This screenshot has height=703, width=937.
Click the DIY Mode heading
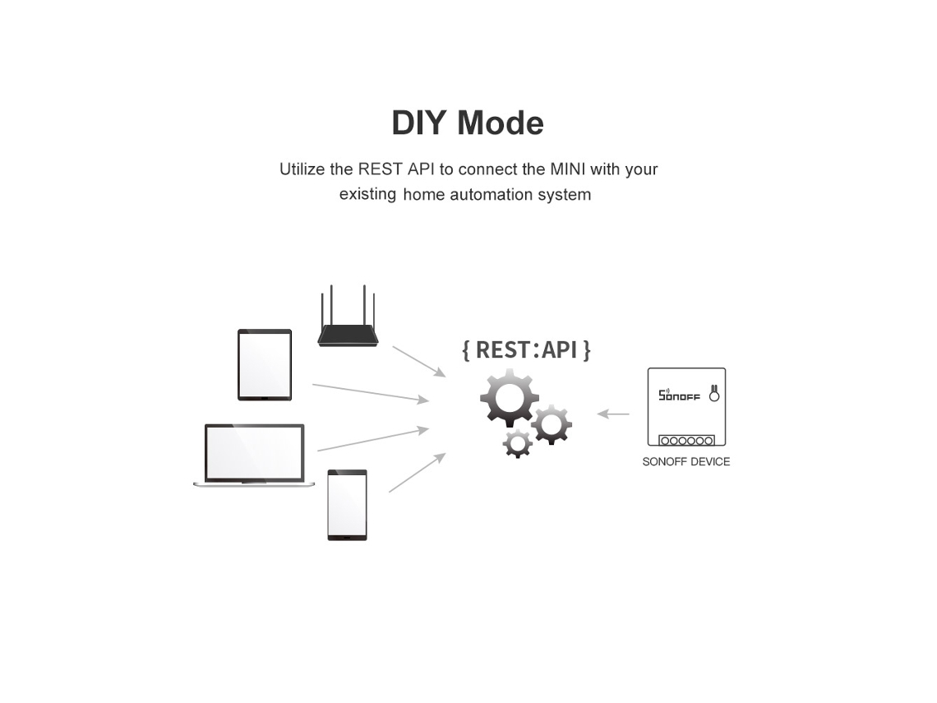coord(468,123)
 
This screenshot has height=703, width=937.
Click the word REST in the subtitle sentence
coord(380,169)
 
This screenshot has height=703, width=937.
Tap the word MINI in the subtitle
coord(568,169)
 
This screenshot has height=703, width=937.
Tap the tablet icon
coord(265,364)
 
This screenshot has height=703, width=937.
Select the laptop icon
coord(254,455)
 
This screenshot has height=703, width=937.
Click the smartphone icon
coord(347,505)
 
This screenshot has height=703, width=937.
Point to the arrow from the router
coord(419,362)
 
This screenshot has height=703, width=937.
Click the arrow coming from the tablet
coord(371,393)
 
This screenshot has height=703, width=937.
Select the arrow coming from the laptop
coord(373,439)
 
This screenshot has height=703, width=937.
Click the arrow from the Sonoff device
coord(613,414)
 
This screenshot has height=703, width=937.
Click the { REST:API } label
coord(527,349)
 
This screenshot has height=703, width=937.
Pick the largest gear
coord(509,397)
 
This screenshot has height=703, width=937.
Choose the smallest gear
coord(518,443)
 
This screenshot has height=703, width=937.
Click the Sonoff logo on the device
coord(679,395)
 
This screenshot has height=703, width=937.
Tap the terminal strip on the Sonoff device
coord(686,441)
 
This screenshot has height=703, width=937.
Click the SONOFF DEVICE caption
coord(686,461)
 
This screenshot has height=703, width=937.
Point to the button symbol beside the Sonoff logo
coord(714,393)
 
